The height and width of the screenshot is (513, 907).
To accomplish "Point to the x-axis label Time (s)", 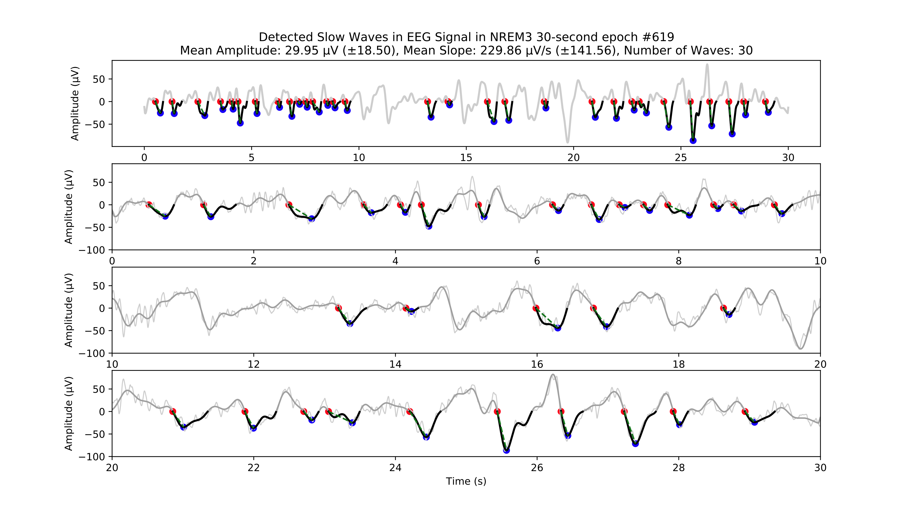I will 466,481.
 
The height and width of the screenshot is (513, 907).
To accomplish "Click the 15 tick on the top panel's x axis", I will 466,158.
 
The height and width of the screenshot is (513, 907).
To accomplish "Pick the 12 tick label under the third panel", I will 253,364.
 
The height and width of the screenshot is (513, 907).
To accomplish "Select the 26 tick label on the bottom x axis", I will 537,468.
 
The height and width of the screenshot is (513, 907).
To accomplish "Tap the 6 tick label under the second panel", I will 537,261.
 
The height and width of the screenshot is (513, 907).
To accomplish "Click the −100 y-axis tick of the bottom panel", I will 92,457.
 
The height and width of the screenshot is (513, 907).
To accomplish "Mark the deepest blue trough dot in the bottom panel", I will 506,450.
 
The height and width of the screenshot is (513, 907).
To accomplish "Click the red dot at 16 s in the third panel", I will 536,308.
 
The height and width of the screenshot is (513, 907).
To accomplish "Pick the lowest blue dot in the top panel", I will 693,141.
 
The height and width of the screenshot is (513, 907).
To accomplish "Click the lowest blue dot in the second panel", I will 429,226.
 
